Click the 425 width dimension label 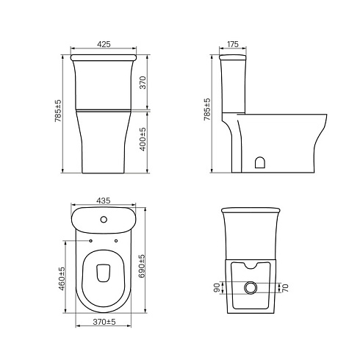pyautogui.click(x=104, y=44)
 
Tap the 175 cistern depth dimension pyautogui.click(x=233, y=44)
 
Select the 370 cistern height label pyautogui.click(x=143, y=83)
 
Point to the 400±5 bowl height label pyautogui.click(x=143, y=139)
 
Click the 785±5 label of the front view pyautogui.click(x=58, y=111)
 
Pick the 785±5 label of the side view pyautogui.click(x=207, y=109)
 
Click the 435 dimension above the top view pyautogui.click(x=104, y=201)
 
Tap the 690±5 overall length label pyautogui.click(x=142, y=266)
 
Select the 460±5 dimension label pyautogui.click(x=62, y=278)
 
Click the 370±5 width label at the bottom pyautogui.click(x=104, y=322)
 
